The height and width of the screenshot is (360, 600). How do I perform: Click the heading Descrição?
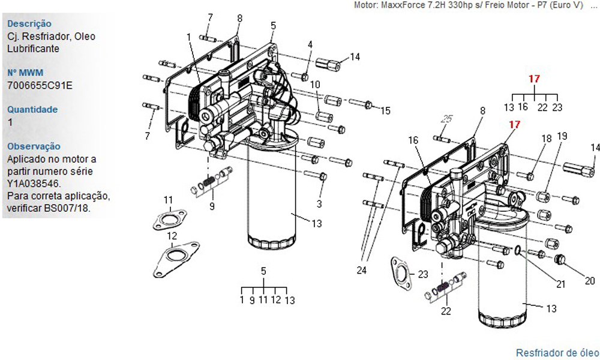click(x=29, y=24)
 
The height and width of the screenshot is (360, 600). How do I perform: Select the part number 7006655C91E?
click(x=40, y=85)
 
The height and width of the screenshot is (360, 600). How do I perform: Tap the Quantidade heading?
click(x=32, y=109)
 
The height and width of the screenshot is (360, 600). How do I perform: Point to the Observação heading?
click(x=34, y=146)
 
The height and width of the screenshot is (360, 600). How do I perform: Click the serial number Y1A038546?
click(x=34, y=183)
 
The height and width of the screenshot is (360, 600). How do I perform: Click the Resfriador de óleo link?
click(x=557, y=352)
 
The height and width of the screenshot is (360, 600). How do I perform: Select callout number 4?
click(x=310, y=45)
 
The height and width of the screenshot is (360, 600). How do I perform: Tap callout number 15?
click(x=385, y=110)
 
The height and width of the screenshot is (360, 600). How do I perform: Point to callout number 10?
click(x=315, y=84)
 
